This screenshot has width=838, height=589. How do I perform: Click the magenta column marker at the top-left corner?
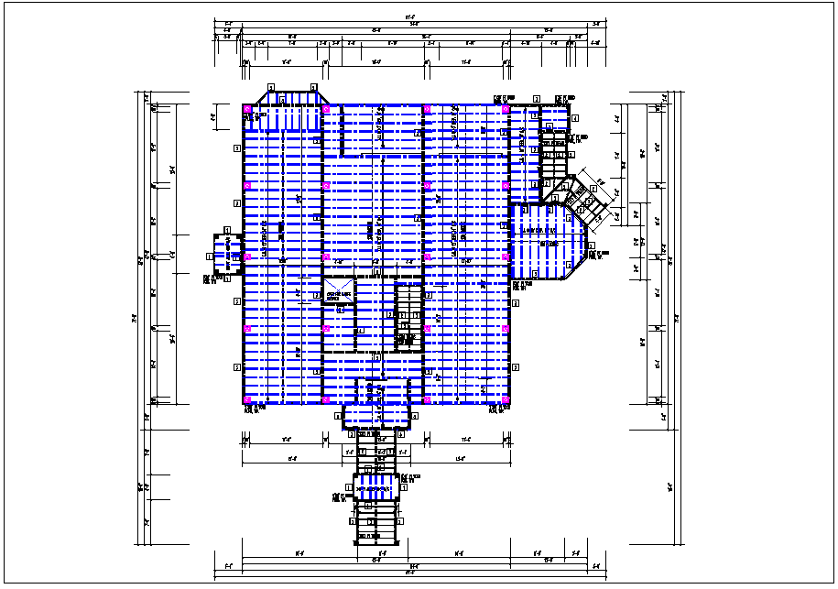click(247, 109)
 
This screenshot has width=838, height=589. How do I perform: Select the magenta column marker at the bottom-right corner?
click(506, 400)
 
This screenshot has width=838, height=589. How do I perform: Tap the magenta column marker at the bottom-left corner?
click(247, 400)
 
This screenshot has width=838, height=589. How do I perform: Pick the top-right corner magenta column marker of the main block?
click(506, 109)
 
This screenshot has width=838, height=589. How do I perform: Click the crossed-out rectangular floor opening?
click(338, 292)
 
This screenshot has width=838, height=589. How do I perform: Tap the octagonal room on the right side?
click(548, 240)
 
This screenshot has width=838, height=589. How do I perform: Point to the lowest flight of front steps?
click(376, 533)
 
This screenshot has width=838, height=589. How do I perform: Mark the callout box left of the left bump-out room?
click(210, 256)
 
